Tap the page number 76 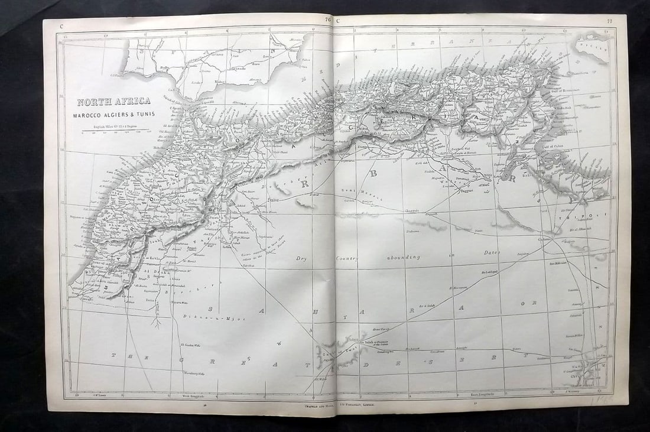pos(328,20)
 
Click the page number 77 pos(609,22)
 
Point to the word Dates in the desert pos(491,252)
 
